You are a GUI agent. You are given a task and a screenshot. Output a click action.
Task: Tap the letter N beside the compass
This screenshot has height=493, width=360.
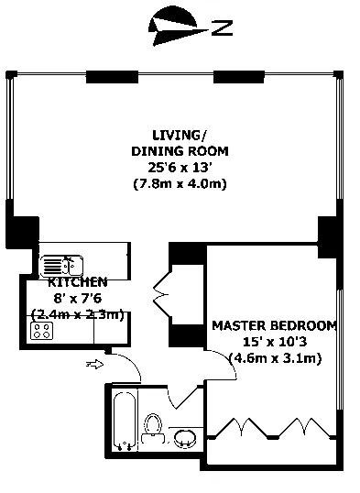pos(222,28)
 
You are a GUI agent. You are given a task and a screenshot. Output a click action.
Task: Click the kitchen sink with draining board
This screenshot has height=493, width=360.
pos(61,265)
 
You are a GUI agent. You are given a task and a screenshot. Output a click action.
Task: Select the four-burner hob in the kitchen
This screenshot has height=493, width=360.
pos(41,331)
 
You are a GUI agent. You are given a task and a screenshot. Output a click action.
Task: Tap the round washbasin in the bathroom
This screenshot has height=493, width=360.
pos(185,438)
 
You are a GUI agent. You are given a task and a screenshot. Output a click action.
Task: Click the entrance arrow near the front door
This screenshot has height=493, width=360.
pos(94,365)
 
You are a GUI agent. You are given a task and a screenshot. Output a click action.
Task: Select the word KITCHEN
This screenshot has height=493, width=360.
pos(77,282)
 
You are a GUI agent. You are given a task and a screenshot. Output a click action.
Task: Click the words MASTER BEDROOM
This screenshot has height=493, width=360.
pos(275,325)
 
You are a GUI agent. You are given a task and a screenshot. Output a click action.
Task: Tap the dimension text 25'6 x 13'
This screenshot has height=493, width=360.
pos(179,168)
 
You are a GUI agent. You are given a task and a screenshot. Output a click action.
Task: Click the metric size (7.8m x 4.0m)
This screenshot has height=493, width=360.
pos(180,183)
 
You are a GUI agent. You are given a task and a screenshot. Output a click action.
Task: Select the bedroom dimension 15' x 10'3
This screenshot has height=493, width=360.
pos(275,342)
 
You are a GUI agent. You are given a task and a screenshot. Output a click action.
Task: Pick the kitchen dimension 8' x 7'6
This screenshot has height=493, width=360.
pos(77,298)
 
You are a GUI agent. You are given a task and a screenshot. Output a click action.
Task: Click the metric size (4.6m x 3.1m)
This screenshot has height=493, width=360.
pos(276,358)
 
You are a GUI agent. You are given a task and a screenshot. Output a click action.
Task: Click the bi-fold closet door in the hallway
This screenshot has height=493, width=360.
pos(162,294)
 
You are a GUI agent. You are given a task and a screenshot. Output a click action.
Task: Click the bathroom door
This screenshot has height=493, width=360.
pos(186,397)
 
